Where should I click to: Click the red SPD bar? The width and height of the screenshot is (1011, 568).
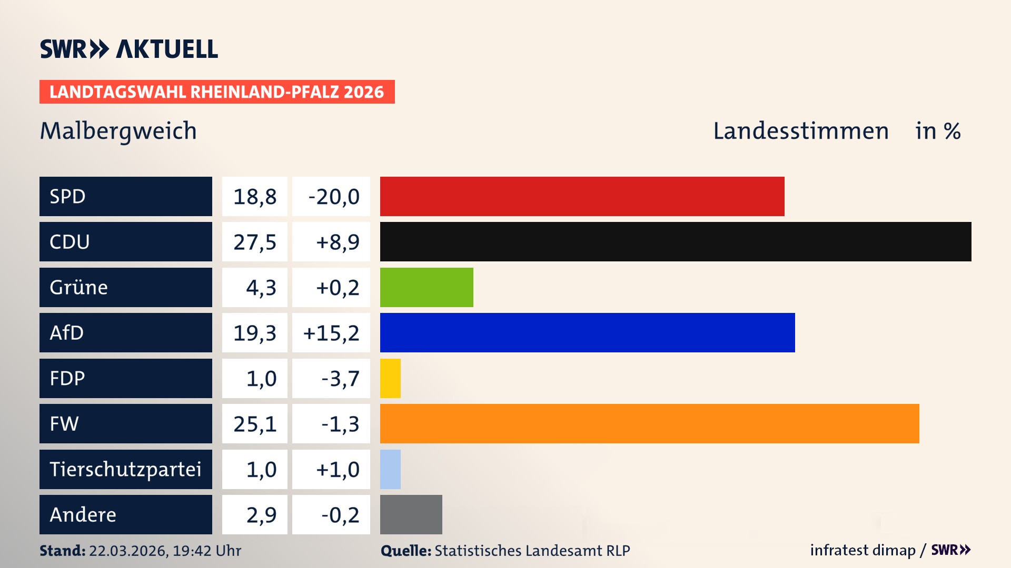click(x=582, y=196)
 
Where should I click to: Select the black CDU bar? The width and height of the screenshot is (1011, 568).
click(x=676, y=241)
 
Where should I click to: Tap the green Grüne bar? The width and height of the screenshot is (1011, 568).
click(x=427, y=287)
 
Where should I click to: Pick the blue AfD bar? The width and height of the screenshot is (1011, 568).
click(x=587, y=332)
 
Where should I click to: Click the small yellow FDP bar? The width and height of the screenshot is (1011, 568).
click(x=390, y=378)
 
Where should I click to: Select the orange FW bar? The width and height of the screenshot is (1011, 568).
click(x=649, y=423)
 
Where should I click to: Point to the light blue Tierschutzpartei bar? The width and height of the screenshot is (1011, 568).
click(x=390, y=469)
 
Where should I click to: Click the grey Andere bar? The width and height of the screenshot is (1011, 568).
click(x=411, y=514)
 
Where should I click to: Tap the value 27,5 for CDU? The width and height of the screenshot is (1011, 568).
click(x=255, y=242)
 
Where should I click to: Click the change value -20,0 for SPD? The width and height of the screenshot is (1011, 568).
click(x=333, y=197)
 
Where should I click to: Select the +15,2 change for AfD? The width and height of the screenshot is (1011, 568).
click(x=331, y=333)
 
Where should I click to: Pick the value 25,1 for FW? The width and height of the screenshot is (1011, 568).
click(x=255, y=424)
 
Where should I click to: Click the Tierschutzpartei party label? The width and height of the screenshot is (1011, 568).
click(x=125, y=469)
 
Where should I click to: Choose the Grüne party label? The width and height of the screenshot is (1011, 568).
click(x=79, y=287)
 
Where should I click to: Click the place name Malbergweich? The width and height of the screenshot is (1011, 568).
click(x=118, y=131)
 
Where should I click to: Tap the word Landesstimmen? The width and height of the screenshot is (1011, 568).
click(x=800, y=131)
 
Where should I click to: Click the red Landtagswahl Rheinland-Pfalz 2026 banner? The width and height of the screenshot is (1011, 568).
click(x=217, y=92)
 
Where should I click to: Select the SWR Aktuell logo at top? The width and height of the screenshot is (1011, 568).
click(x=129, y=49)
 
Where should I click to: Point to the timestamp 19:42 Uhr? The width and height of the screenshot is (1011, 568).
click(x=207, y=551)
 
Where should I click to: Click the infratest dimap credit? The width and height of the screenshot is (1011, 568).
click(x=863, y=550)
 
